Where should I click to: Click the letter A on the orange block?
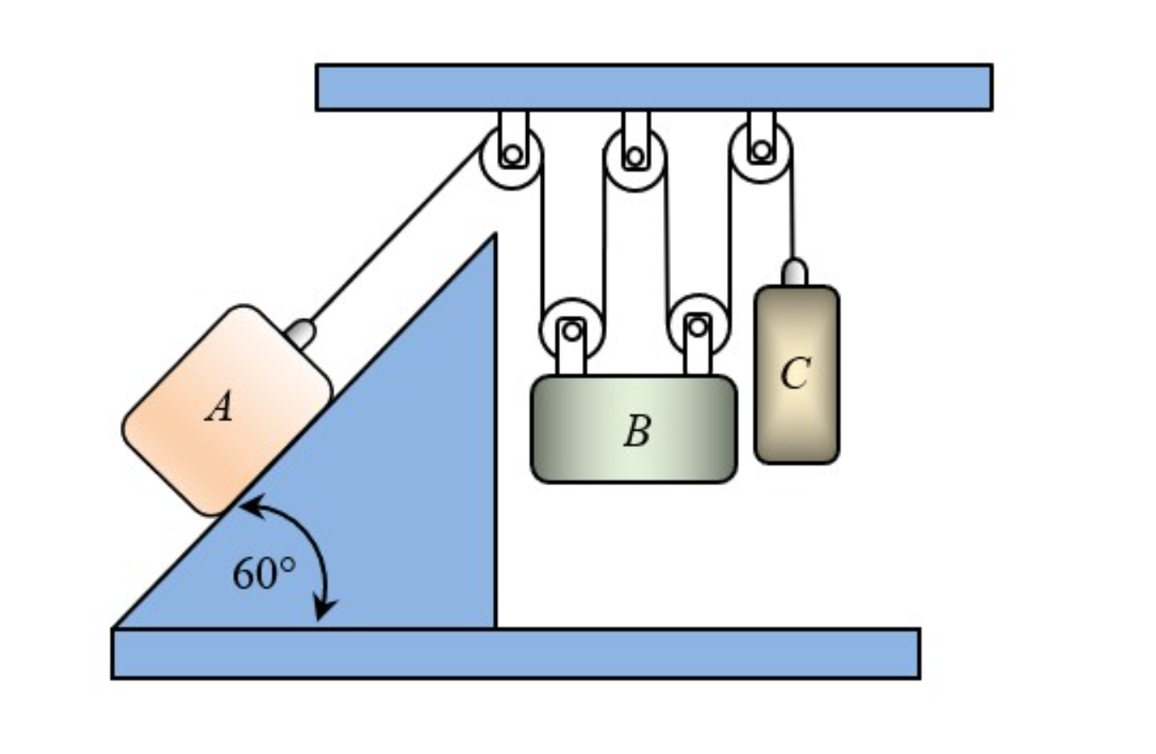(x=220, y=409)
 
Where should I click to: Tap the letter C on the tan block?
(x=794, y=374)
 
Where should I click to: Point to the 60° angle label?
(x=264, y=574)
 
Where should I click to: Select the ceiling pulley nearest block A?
(x=512, y=157)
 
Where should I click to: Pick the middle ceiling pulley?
(x=634, y=158)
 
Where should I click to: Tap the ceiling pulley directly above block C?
(x=761, y=152)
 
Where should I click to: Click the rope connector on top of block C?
(x=794, y=272)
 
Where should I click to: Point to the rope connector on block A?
(x=300, y=333)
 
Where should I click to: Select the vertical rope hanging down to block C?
(x=793, y=217)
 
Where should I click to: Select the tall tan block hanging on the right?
(x=796, y=417)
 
